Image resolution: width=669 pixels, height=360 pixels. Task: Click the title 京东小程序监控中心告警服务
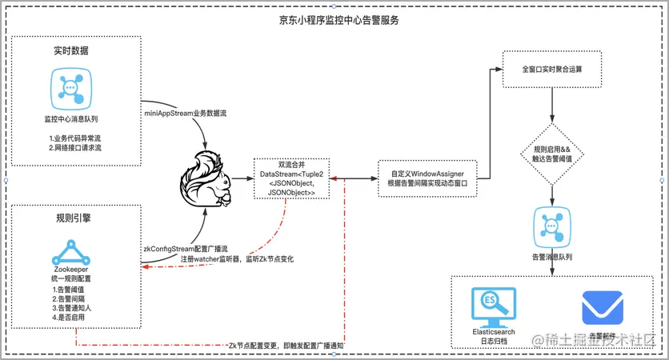coord(334,19)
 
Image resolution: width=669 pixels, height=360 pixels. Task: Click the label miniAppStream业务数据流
coord(185,114)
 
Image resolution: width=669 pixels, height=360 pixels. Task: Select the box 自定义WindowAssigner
coord(433,178)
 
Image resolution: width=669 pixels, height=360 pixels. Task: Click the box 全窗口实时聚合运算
coord(551,70)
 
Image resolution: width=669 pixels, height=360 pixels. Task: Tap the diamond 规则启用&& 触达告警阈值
coord(552,154)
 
